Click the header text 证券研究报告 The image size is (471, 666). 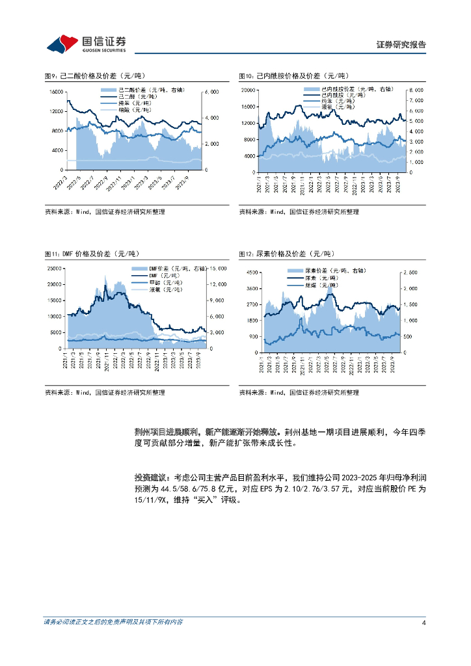(x=401, y=45)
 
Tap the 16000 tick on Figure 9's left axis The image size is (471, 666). (x=56, y=92)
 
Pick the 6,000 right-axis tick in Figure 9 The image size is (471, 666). (x=211, y=92)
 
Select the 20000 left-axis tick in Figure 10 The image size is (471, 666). (x=247, y=90)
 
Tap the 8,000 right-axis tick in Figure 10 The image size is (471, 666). (x=416, y=90)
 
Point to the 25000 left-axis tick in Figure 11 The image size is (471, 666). (x=55, y=268)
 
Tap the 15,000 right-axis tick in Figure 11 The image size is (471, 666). (x=217, y=268)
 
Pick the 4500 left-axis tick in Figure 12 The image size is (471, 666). (x=249, y=273)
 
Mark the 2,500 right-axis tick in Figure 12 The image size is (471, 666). (x=412, y=273)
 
